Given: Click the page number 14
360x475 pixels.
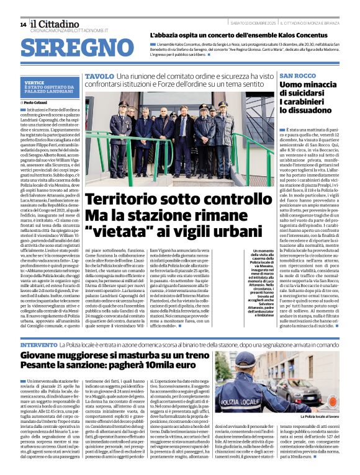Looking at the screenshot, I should (x=22, y=24).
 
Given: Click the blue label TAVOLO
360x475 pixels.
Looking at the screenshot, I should (x=99, y=76).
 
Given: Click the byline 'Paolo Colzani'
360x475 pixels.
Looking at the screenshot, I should (x=37, y=102).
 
